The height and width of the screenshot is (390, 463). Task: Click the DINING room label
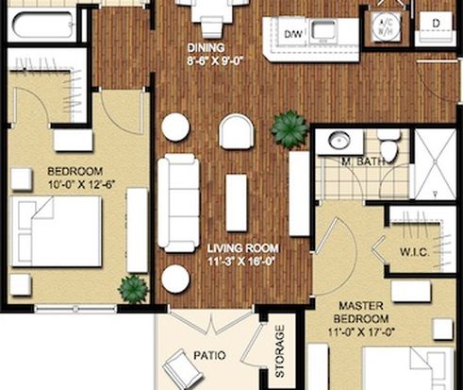click(207, 48)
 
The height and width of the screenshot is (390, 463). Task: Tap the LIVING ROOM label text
click(243, 248)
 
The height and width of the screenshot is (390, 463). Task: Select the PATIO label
click(209, 356)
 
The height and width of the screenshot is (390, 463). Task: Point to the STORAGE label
click(279, 351)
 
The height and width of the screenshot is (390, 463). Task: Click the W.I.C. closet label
click(415, 252)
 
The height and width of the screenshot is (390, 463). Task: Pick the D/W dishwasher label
click(293, 34)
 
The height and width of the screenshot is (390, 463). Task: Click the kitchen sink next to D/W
click(323, 31)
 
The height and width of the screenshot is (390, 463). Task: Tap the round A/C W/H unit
click(386, 26)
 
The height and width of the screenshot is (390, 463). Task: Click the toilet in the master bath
click(389, 145)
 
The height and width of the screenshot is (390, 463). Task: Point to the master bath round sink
click(339, 140)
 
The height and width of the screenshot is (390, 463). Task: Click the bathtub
click(43, 25)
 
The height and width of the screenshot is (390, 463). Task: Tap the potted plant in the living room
click(289, 129)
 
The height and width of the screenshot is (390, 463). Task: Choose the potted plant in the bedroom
click(133, 288)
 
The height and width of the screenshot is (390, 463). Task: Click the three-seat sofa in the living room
click(178, 203)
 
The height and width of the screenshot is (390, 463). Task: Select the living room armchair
click(236, 131)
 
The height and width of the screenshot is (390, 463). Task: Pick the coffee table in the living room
click(236, 203)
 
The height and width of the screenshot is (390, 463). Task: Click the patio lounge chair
click(182, 368)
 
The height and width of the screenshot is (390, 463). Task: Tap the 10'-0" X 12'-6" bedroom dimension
click(81, 184)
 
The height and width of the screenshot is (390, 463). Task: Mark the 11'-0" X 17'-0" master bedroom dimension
click(361, 332)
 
